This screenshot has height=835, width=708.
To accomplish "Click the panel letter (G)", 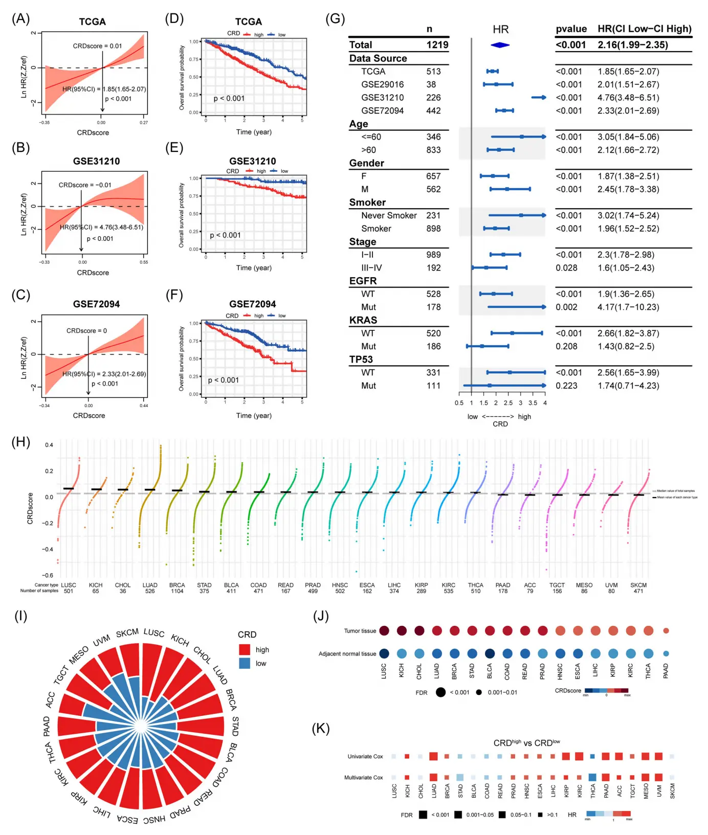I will click(x=335, y=19).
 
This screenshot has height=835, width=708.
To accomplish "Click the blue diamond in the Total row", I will click(x=500, y=45).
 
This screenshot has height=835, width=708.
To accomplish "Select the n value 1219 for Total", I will click(x=437, y=45).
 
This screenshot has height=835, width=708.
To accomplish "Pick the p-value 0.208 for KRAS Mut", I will click(x=566, y=346).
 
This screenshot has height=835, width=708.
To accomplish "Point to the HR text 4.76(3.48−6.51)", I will click(x=628, y=98).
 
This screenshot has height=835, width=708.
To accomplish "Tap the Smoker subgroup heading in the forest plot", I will click(x=367, y=202).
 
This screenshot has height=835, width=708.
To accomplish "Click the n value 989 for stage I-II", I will click(x=433, y=255).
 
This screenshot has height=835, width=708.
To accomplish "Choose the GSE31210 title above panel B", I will click(x=96, y=161).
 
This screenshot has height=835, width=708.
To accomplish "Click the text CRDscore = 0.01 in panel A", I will click(x=97, y=46).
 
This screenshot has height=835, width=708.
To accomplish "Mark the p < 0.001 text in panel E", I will click(x=225, y=235).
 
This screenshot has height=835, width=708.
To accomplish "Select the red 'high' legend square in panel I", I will click(x=245, y=649).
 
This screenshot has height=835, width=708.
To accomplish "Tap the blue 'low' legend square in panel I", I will click(x=245, y=663).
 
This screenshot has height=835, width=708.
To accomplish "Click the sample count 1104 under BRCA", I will click(x=177, y=591).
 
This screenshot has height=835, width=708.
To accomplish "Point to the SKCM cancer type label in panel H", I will click(x=638, y=585).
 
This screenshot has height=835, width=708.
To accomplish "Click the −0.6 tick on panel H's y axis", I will click(x=48, y=575).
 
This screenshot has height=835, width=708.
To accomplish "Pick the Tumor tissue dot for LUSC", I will click(x=384, y=630).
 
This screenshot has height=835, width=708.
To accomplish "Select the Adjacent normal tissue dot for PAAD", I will click(x=666, y=653).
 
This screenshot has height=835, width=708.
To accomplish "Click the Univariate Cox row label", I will click(x=365, y=756).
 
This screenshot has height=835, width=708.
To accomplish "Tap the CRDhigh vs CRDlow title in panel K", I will click(x=526, y=742).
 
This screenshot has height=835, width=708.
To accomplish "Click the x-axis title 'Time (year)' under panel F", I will click(x=254, y=415).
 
